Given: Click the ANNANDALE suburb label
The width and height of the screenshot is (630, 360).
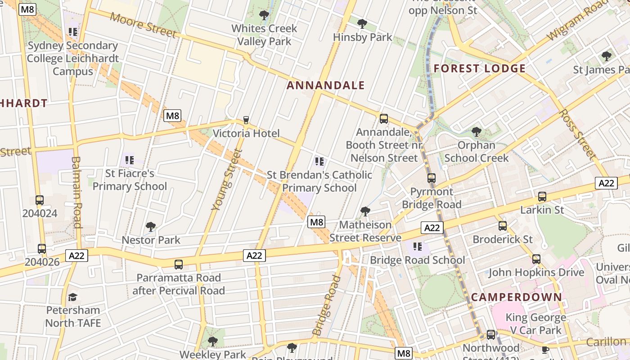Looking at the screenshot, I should (325, 85).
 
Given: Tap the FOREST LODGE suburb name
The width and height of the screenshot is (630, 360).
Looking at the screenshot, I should (479, 69).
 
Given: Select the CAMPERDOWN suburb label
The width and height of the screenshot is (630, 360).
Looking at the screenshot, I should (517, 297).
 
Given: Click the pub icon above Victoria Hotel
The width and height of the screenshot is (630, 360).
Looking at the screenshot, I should (246, 120).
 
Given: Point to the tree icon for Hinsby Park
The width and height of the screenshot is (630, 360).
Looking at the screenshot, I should (362, 23).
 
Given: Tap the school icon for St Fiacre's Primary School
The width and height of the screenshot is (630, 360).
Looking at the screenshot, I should (130, 160).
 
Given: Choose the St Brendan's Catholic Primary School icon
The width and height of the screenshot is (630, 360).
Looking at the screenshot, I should (319, 162).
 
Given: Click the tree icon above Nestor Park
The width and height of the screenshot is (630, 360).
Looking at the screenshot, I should (151, 226).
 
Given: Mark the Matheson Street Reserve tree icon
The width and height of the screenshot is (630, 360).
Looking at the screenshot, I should (365, 211).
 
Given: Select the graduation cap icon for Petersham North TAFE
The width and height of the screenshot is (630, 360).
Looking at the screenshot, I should (72, 297).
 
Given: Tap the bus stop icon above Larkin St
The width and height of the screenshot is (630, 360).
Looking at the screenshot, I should (542, 197).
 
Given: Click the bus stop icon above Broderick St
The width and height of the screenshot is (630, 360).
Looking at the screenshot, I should (502, 226).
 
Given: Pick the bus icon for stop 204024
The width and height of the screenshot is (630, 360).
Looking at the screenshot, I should (40, 200).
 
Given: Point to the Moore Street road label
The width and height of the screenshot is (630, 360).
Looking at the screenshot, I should (143, 25).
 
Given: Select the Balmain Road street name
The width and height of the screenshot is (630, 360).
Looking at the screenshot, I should (77, 192).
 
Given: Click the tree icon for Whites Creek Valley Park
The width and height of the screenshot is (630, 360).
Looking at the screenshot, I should (264, 15).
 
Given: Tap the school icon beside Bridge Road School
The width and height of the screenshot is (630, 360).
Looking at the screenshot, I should (418, 247).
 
